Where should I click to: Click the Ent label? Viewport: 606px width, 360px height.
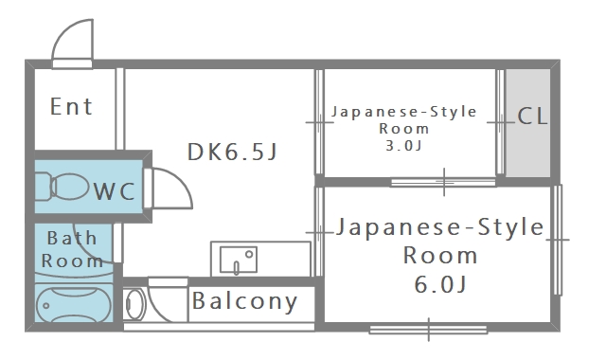pyautogui.click(x=72, y=106)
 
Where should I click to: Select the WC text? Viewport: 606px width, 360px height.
pyautogui.click(x=115, y=191)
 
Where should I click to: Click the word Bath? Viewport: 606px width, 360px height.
pyautogui.click(x=73, y=238)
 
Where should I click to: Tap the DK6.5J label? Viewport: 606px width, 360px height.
pyautogui.click(x=231, y=151)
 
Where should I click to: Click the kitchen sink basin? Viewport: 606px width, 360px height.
pyautogui.click(x=239, y=259)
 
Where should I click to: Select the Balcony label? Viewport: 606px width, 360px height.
pyautogui.click(x=244, y=302)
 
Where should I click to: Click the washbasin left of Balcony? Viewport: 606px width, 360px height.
pyautogui.click(x=135, y=304)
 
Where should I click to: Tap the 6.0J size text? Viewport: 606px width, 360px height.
pyautogui.click(x=439, y=283)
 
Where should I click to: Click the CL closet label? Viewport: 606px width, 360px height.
pyautogui.click(x=532, y=117)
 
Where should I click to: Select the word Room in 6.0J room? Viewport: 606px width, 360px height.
pyautogui.click(x=440, y=255)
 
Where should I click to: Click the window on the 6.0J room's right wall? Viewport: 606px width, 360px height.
pyautogui.click(x=557, y=240)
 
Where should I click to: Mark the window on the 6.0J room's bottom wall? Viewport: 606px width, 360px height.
pyautogui.click(x=429, y=329)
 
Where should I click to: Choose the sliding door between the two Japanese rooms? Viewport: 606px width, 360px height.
pyautogui.click(x=443, y=180)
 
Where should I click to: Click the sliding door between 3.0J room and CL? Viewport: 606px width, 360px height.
pyautogui.click(x=500, y=122)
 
